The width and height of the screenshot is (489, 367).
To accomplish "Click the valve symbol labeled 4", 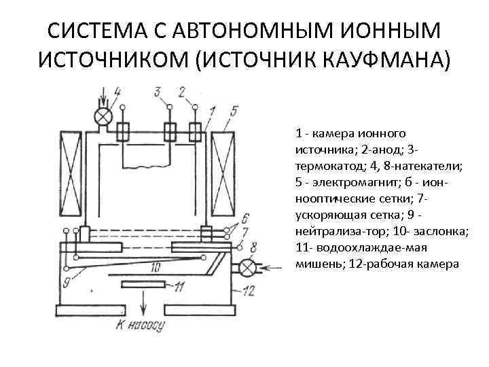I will click(x=103, y=117).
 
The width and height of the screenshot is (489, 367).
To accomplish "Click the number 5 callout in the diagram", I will click(x=234, y=111).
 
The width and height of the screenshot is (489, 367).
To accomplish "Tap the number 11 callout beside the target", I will click(x=179, y=287).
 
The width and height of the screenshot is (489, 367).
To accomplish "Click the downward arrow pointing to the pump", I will click(x=143, y=303).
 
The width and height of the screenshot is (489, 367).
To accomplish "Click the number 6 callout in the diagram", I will click(x=244, y=217).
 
